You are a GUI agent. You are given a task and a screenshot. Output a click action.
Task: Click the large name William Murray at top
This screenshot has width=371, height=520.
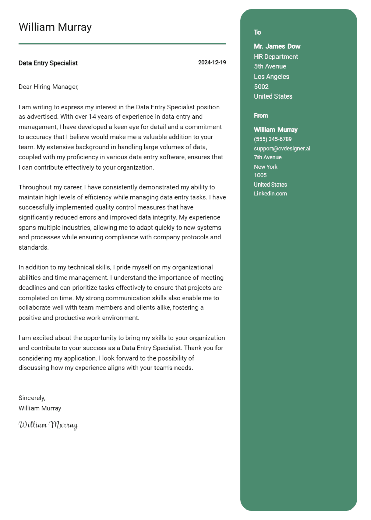tap(55, 27)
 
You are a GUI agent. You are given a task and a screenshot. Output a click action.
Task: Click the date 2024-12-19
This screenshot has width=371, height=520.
tap(212, 63)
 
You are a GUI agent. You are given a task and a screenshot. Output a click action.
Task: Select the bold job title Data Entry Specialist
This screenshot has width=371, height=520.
tap(48, 63)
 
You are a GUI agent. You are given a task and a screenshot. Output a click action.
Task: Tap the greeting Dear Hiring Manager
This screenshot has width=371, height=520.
tap(48, 87)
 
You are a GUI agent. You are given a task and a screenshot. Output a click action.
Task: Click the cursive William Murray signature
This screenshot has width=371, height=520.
tap(48, 425)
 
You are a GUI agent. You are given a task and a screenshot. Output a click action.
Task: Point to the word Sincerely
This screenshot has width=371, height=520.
tap(32, 398)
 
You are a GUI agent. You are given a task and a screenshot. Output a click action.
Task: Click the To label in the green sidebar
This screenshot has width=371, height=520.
tap(257, 32)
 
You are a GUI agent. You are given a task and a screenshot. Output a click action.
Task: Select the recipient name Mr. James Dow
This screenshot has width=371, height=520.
tap(277, 46)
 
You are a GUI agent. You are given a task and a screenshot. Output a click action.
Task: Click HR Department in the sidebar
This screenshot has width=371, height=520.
tap(276, 57)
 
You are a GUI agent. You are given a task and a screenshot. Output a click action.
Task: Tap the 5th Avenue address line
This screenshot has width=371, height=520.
tap(270, 67)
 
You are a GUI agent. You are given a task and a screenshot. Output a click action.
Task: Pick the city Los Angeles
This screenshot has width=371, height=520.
tap(271, 77)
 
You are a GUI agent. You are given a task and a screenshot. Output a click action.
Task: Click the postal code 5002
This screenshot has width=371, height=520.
tap(261, 87)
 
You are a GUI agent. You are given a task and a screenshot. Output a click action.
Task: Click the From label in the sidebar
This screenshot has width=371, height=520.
tap(261, 116)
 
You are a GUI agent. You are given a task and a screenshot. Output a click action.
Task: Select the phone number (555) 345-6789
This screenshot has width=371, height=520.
tap(273, 139)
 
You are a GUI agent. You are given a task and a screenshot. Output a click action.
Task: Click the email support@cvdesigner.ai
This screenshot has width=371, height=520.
tap(282, 148)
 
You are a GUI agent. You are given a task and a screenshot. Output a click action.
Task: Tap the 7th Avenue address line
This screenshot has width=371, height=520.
tap(268, 157)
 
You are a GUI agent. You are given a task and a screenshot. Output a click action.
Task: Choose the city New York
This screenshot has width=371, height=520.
tap(266, 167)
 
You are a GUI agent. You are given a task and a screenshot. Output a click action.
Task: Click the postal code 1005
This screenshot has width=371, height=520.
tap(260, 175)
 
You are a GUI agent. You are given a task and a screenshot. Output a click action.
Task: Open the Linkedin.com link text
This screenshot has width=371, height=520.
tap(270, 194)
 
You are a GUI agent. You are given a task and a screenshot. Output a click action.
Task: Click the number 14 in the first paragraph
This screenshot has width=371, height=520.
tap(92, 117)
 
